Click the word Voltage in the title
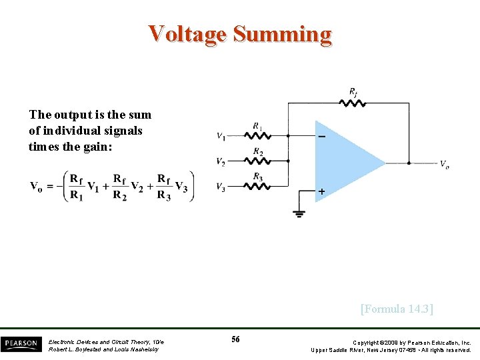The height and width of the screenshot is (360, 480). pyautogui.click(x=188, y=33)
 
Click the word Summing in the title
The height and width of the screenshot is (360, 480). pyautogui.click(x=282, y=33)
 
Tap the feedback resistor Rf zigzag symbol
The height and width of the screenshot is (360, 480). pyautogui.click(x=352, y=103)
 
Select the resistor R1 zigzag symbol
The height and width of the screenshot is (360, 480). pyautogui.click(x=258, y=135)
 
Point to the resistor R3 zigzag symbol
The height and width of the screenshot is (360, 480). pyautogui.click(x=258, y=185)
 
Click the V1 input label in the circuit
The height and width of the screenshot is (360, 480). pyautogui.click(x=221, y=137)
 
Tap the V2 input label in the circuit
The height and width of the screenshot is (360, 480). pyautogui.click(x=221, y=161)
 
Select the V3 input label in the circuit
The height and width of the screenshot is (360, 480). pyautogui.click(x=221, y=187)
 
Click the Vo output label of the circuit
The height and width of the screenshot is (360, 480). pyautogui.click(x=444, y=163)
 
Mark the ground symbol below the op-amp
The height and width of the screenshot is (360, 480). pyautogui.click(x=299, y=213)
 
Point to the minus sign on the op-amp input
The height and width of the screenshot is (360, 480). pyautogui.click(x=322, y=137)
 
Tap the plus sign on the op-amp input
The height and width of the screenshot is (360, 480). pyautogui.click(x=322, y=192)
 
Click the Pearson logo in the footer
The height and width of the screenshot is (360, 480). pyautogui.click(x=20, y=343)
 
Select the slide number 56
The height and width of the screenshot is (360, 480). pyautogui.click(x=235, y=340)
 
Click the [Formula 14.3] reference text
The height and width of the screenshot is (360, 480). pyautogui.click(x=397, y=309)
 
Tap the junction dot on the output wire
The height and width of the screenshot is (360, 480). pyautogui.click(x=408, y=162)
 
